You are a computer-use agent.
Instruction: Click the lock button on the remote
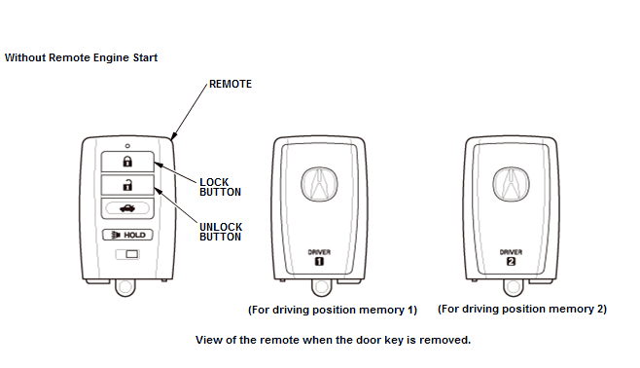(x=127, y=162)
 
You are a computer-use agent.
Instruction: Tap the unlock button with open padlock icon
(x=127, y=185)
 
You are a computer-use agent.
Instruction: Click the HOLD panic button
(x=127, y=235)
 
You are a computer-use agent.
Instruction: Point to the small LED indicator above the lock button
(x=127, y=146)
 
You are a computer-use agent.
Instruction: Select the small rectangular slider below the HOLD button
(x=127, y=254)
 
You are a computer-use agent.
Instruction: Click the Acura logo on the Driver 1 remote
(x=320, y=184)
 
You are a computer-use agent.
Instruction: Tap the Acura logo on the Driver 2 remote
(x=511, y=184)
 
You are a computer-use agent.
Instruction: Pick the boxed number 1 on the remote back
(x=319, y=261)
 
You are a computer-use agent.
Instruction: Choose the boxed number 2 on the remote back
(x=511, y=261)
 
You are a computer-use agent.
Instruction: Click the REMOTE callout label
(x=231, y=84)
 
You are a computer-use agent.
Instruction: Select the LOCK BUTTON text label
(x=221, y=187)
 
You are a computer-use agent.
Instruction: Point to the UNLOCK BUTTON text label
(x=221, y=232)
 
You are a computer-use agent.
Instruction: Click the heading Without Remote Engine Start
(x=81, y=57)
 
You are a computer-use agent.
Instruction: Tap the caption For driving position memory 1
(x=333, y=310)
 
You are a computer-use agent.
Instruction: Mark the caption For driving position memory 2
(x=522, y=309)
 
